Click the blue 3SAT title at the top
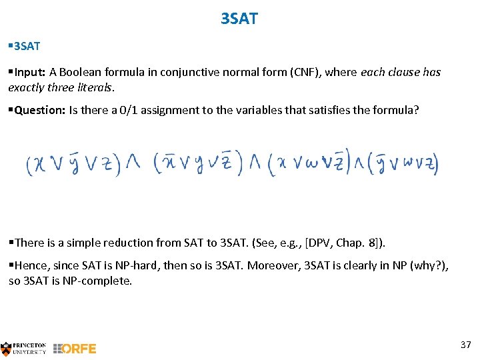239,19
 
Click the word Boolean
83,72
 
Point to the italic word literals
95,87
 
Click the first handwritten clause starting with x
73,163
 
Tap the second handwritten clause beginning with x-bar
197,163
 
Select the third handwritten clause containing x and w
308,163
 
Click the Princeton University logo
24,348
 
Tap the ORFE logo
75,348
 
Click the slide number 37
465,345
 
